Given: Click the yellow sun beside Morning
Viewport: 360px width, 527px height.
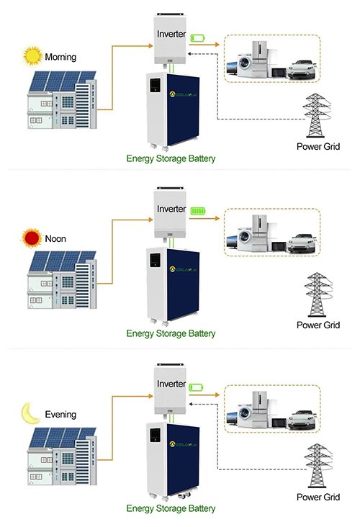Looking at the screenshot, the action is pyautogui.click(x=32, y=55).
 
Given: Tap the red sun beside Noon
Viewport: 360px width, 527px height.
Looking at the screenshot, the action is pyautogui.click(x=31, y=238).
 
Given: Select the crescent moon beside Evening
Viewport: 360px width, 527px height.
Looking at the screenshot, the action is pyautogui.click(x=30, y=413).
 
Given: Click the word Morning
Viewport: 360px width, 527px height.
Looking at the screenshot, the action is pyautogui.click(x=60, y=57).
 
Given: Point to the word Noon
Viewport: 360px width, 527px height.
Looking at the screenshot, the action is pyautogui.click(x=55, y=238).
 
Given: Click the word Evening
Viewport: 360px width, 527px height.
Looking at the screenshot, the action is pyautogui.click(x=60, y=415).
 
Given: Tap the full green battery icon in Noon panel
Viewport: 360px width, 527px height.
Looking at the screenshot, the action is pyautogui.click(x=198, y=211).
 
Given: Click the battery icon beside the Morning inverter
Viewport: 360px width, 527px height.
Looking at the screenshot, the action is pyautogui.click(x=198, y=38).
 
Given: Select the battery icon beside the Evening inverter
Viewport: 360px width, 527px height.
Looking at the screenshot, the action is pyautogui.click(x=197, y=387).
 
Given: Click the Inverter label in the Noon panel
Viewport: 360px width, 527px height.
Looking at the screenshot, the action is pyautogui.click(x=171, y=209).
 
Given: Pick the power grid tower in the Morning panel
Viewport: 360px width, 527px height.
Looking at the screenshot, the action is pyautogui.click(x=316, y=115).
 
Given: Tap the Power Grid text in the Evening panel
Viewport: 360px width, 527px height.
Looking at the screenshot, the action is pyautogui.click(x=318, y=497).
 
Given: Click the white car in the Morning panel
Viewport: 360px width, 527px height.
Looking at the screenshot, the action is pyautogui.click(x=302, y=70).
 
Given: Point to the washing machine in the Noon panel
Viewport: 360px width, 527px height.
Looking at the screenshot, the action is pyautogui.click(x=244, y=239).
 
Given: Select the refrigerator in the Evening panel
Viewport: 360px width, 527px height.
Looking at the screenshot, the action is pyautogui.click(x=259, y=410).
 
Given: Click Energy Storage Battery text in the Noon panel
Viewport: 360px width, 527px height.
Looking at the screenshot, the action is pyautogui.click(x=171, y=333).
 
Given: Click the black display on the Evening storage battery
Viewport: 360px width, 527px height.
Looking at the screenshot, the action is pyautogui.click(x=155, y=436).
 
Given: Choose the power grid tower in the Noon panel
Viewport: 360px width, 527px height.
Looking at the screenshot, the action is pyautogui.click(x=318, y=294).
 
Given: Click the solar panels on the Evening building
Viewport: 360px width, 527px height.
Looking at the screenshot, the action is pyautogui.click(x=62, y=437).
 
